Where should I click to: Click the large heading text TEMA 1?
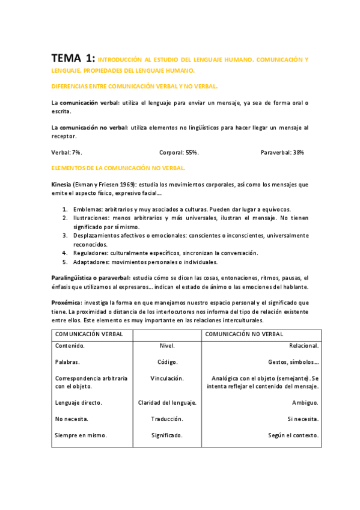(73, 58)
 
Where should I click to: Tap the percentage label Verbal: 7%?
(67, 152)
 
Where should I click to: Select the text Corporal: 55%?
(178, 152)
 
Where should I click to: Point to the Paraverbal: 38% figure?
(282, 152)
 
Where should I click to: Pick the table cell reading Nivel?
(166, 346)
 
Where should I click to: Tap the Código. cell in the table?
(166, 362)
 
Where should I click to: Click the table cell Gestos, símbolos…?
(293, 362)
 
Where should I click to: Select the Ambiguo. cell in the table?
(305, 402)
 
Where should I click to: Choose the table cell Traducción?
(166, 419)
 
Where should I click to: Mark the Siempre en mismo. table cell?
(81, 435)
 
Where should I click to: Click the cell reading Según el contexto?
(293, 435)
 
